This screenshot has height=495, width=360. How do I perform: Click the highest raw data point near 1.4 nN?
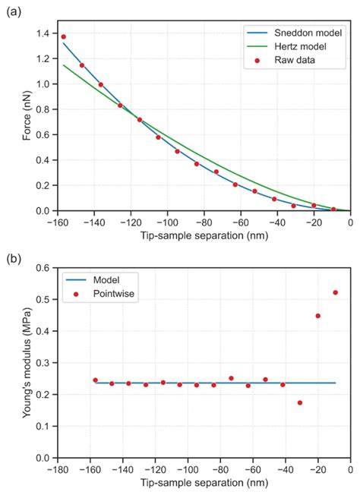[64, 36]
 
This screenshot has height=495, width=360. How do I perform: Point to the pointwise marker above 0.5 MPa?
[335, 292]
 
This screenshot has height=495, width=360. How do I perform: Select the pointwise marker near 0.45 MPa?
[317, 316]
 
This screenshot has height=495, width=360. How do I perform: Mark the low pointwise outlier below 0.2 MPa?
[300, 402]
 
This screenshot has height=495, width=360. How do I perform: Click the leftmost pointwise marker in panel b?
[95, 380]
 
